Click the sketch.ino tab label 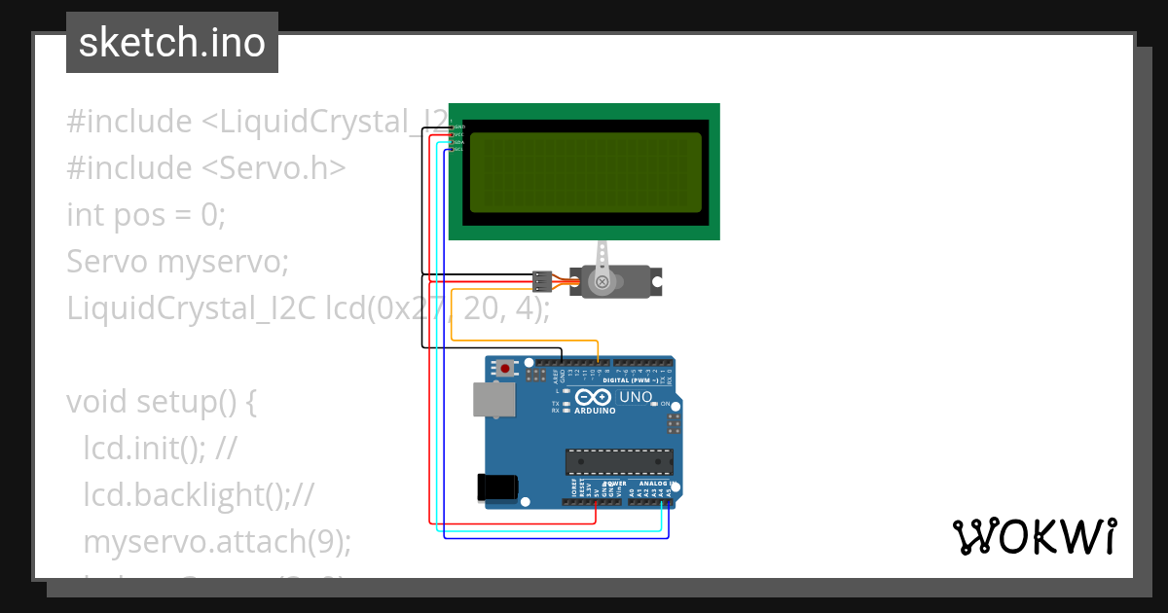pos(172,43)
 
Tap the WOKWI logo pos(1034,537)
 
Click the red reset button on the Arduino pos(504,368)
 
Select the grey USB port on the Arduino pos(493,400)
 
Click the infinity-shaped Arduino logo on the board pos(593,397)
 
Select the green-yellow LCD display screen pos(585,172)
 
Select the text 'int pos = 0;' pos(146,214)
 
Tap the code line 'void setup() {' pos(161,401)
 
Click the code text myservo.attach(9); pos(217,541)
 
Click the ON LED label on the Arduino pos(666,403)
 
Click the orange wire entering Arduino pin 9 pos(598,352)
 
